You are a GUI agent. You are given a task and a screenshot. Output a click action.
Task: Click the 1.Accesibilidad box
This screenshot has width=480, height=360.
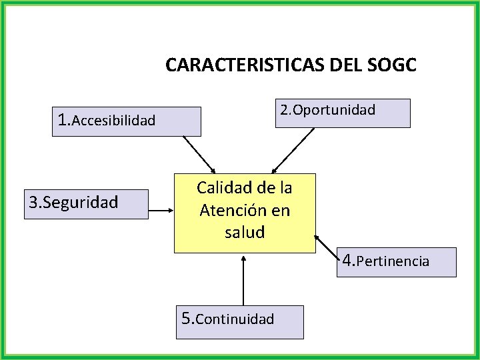point(127,121)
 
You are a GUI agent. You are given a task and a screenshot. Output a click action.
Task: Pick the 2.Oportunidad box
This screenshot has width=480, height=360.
point(343,113)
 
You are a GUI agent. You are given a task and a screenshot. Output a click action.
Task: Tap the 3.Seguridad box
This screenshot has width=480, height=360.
point(86,204)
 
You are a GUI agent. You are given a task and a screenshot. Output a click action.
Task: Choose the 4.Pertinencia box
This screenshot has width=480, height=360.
point(396,261)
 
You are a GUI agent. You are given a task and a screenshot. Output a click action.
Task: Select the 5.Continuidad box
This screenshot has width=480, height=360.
point(239,321)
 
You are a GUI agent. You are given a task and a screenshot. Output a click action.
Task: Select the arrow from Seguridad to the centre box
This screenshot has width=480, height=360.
point(161,213)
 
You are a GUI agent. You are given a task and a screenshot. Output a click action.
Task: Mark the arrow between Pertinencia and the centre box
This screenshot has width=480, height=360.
point(328,243)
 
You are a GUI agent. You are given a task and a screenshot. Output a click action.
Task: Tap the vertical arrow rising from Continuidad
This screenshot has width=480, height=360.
point(243,280)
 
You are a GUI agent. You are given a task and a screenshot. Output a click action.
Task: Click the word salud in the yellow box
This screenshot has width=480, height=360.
point(245,232)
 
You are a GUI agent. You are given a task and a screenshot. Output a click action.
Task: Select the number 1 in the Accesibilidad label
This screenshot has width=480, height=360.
point(63,120)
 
